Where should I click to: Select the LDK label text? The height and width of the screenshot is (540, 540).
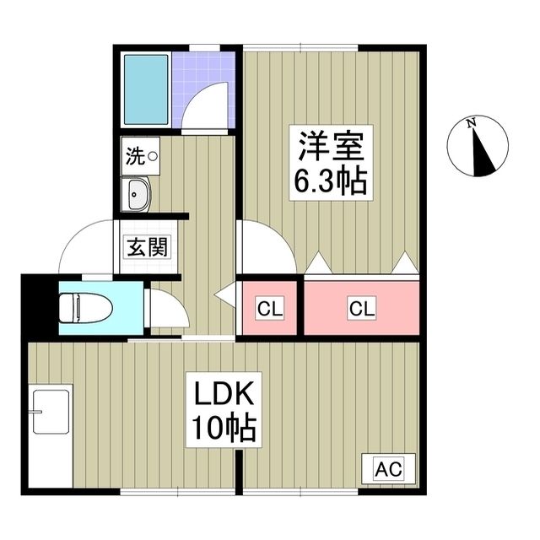point(223,396)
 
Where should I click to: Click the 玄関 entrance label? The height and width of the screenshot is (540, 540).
point(148,248)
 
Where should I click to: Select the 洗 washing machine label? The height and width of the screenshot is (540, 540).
point(135,155)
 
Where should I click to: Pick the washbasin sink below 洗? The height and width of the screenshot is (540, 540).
point(137,195)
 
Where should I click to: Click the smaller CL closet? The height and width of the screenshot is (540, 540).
point(270,309)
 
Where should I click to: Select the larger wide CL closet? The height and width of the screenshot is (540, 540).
point(361,309)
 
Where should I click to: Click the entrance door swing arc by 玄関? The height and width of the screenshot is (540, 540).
point(86,246)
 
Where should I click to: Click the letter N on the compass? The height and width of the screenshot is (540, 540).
point(473,125)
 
